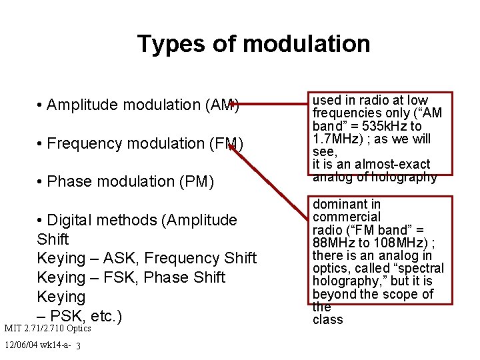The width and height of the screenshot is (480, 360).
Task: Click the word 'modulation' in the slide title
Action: tap(306, 44)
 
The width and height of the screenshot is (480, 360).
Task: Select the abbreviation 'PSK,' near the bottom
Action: tap(71, 315)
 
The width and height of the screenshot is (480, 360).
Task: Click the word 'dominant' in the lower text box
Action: tap(337, 205)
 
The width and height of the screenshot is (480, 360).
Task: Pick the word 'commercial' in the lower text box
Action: tap(347, 217)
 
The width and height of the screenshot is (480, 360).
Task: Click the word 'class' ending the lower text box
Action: tap(327, 319)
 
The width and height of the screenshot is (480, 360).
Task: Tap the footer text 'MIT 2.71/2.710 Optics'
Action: tap(47, 329)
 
